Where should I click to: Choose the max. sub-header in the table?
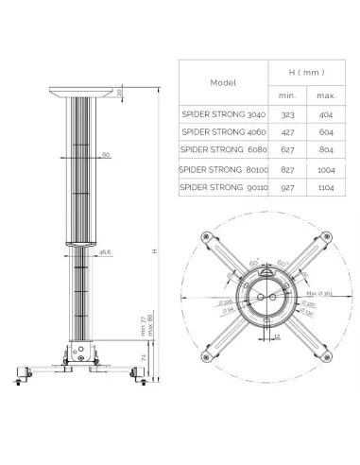[x=325, y=94]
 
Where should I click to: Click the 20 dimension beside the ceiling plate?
[x=120, y=93]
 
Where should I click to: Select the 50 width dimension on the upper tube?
[x=107, y=153]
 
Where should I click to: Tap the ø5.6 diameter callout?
[x=107, y=252]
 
